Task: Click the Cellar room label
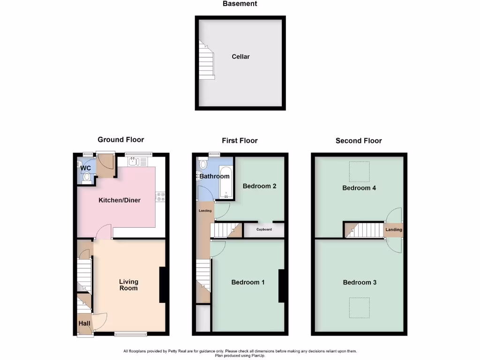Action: (x=240, y=57)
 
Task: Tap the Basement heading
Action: (x=240, y=4)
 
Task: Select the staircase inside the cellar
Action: (x=206, y=60)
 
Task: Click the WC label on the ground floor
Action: (x=85, y=168)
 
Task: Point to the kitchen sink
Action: (x=134, y=162)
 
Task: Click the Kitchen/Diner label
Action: (x=119, y=200)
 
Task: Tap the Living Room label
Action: (x=128, y=285)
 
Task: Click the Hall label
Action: (x=84, y=323)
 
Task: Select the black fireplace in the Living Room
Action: (x=163, y=285)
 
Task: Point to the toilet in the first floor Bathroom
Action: (x=203, y=165)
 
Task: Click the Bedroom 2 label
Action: (x=259, y=186)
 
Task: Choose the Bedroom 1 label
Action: (x=248, y=282)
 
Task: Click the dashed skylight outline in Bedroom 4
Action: (x=360, y=172)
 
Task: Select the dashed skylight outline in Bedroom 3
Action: (x=360, y=307)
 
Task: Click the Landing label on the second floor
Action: (x=393, y=230)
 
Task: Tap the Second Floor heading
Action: (x=359, y=141)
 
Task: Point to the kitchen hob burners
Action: (x=160, y=197)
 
